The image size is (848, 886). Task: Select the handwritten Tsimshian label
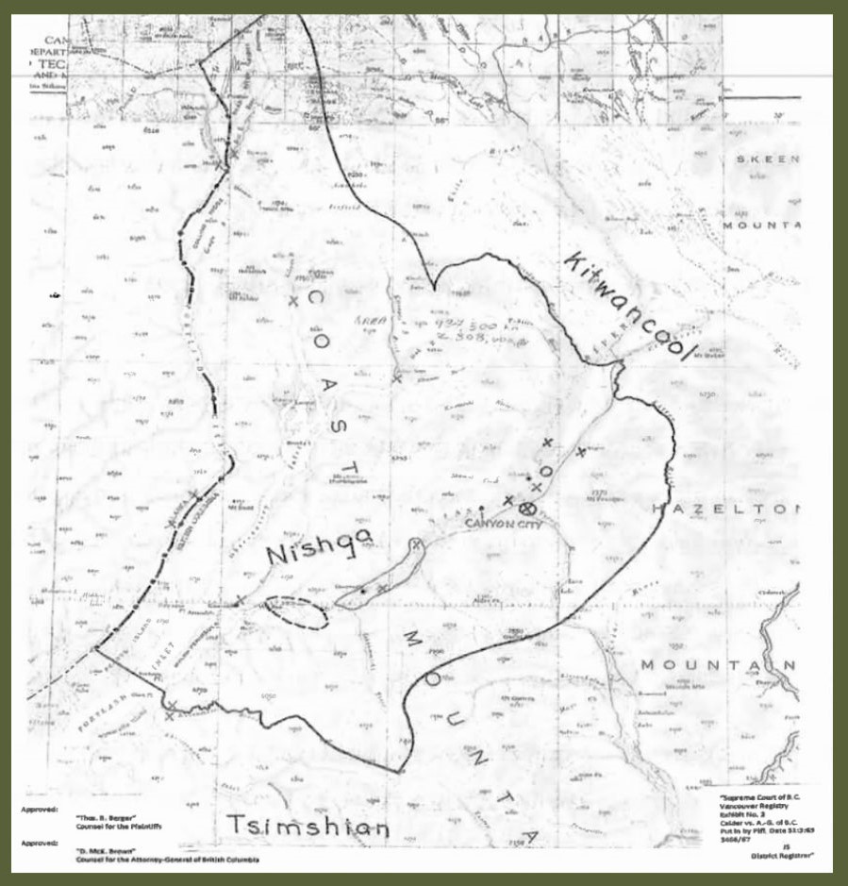tap(308, 827)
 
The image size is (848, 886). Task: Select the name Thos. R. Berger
tap(94, 810)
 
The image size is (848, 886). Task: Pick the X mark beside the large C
tap(293, 301)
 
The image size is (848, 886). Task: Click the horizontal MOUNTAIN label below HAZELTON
tap(717, 665)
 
